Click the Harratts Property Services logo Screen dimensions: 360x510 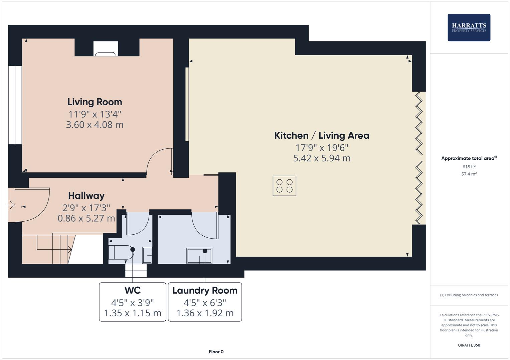[x=469, y=27]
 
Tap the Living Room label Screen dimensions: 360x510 [x=95, y=102]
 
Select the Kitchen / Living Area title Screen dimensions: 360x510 [x=322, y=135]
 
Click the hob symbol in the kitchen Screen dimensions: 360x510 [x=284, y=186]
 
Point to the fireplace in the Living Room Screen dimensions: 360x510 [x=106, y=49]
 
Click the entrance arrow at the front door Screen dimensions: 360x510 [x=11, y=205]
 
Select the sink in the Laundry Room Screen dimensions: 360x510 [x=199, y=256]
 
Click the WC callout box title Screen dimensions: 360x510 [x=133, y=290]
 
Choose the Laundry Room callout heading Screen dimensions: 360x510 [x=205, y=290]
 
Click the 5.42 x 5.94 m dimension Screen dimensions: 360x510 [x=322, y=158]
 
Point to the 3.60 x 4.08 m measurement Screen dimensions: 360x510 [x=95, y=125]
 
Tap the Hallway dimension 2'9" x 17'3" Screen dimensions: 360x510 [x=86, y=208]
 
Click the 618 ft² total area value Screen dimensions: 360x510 [x=469, y=167]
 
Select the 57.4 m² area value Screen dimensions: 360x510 [x=469, y=174]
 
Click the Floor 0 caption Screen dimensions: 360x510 [x=216, y=352]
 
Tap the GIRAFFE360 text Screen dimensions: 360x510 [x=469, y=345]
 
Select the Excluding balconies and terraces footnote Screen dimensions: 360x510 [x=469, y=295]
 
